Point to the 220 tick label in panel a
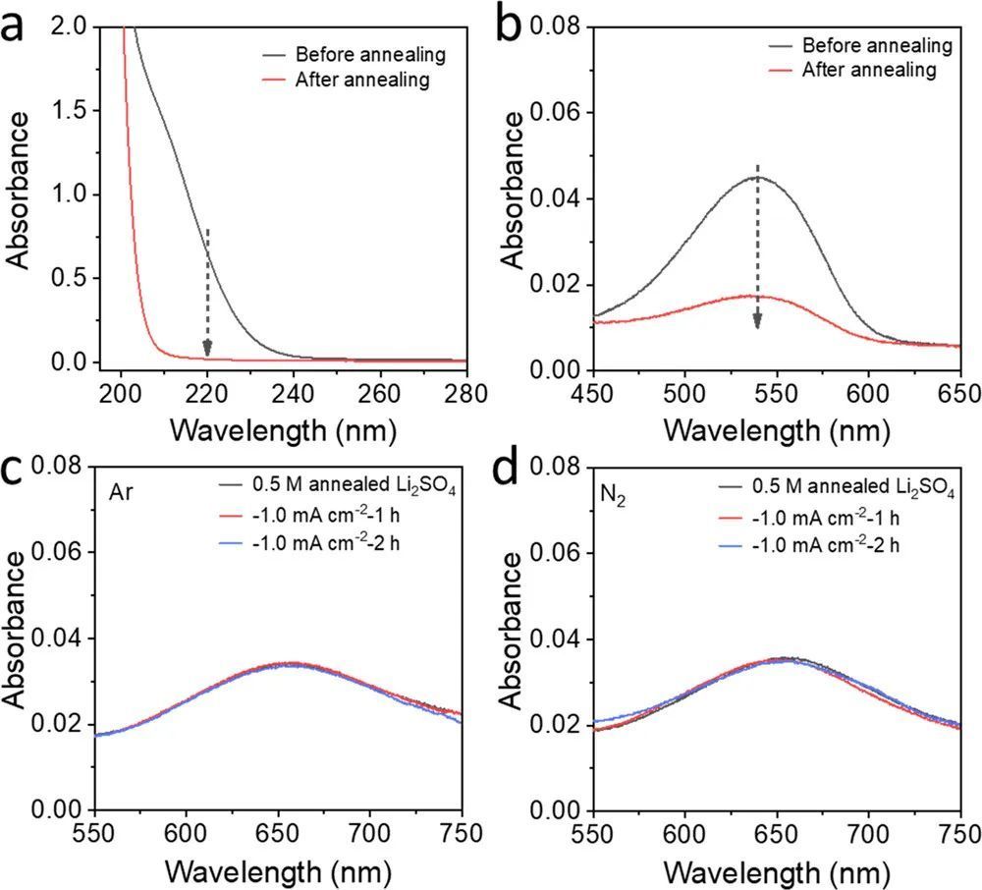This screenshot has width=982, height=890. coord(206,391)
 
